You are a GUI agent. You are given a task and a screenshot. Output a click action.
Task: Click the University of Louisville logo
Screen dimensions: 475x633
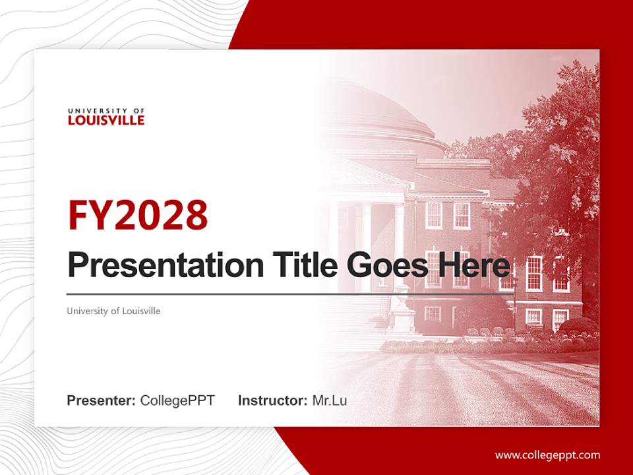coord(105,117)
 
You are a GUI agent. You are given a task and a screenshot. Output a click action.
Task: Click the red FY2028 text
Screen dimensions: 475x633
coord(137,215)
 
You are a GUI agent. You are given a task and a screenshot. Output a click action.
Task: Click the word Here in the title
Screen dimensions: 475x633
coord(475,265)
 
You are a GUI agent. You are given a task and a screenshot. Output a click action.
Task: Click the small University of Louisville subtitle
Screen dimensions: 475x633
coord(113,311)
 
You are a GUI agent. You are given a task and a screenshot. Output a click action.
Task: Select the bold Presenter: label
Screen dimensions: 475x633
coord(102,400)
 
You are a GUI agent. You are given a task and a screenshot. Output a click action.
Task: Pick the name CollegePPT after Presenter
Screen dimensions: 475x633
coord(177,400)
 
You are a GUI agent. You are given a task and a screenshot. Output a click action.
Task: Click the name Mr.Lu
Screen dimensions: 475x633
coord(329,400)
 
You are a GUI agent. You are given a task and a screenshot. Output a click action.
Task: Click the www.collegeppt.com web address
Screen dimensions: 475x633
coord(547,455)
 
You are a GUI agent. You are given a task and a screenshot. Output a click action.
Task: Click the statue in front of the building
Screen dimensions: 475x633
coord(400,310)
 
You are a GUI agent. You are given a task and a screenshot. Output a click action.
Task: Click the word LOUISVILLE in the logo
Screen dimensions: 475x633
coord(105,121)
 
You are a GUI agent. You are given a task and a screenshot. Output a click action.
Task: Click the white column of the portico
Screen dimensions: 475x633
coord(367,244)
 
